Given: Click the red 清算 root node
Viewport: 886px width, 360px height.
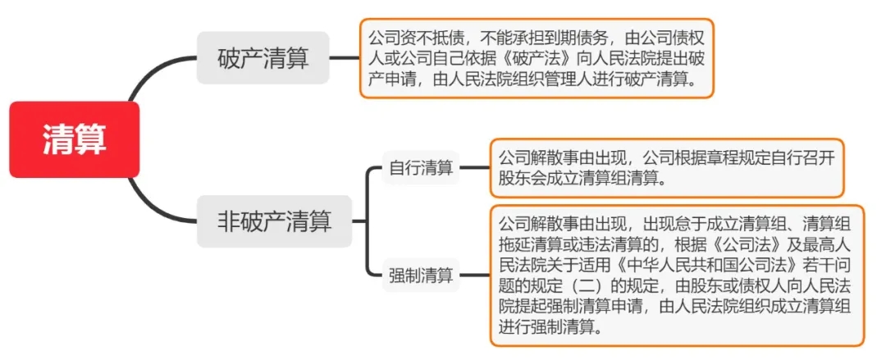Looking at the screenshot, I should pyautogui.click(x=75, y=139).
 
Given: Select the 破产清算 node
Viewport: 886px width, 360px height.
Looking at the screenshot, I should pyautogui.click(x=263, y=58).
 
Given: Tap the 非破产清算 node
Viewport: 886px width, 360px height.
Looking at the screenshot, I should pyautogui.click(x=274, y=221).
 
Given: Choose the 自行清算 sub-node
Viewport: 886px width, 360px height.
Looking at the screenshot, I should pyautogui.click(x=421, y=169).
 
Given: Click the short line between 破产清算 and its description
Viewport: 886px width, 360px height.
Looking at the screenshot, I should pyautogui.click(x=344, y=58).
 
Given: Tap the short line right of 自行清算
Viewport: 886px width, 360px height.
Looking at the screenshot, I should pyautogui.click(x=474, y=169).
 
